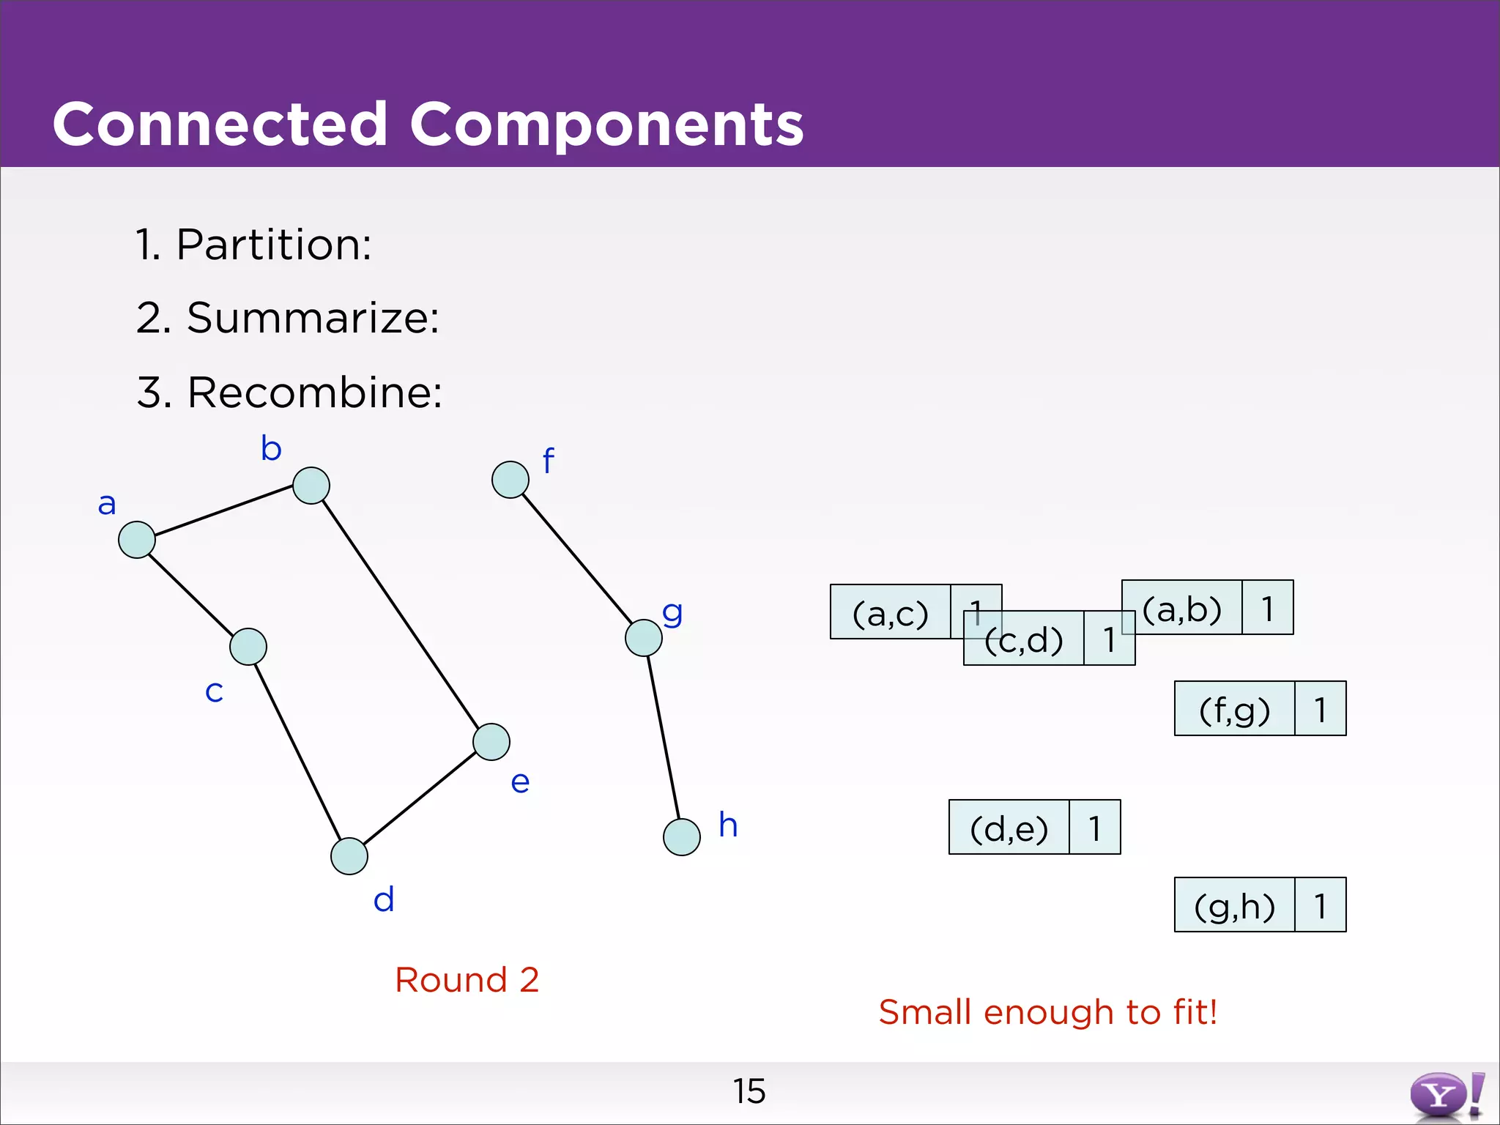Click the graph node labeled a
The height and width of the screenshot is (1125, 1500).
137,540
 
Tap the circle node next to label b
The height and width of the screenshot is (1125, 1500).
311,486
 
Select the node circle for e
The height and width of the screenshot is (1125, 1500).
491,742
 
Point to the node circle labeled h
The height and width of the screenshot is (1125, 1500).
682,837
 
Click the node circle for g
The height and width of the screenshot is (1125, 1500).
644,638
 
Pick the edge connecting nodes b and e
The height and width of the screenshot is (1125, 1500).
401,614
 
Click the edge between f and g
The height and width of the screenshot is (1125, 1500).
577,559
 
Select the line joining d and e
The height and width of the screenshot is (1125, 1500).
420,799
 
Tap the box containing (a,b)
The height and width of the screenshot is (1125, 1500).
1182,608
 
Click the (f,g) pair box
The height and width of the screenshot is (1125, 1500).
1235,709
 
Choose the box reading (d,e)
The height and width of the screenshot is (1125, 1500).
1009,828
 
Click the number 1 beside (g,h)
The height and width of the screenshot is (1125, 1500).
1320,905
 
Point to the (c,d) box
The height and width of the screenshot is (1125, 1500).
1024,639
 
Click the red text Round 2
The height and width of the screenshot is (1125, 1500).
467,980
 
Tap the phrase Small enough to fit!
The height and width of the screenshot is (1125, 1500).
1047,1012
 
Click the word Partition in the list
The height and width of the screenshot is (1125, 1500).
273,245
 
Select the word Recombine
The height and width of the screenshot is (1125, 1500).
314,393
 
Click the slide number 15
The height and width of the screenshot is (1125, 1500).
749,1091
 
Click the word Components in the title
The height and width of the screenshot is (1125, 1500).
606,125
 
